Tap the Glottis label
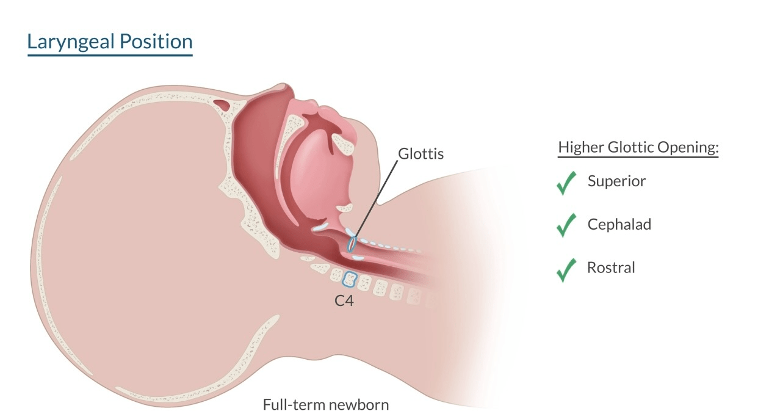tap(421, 153)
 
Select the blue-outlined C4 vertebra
tap(349, 279)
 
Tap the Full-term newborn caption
tap(325, 404)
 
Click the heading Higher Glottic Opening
tap(638, 148)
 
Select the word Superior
tap(616, 181)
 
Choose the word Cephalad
tap(619, 224)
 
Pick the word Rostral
tap(611, 267)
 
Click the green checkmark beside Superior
tap(567, 183)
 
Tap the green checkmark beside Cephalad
tap(567, 226)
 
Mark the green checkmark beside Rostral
tap(567, 269)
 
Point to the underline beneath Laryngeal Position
tap(110, 56)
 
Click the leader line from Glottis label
tap(378, 195)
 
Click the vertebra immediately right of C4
tap(364, 282)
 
